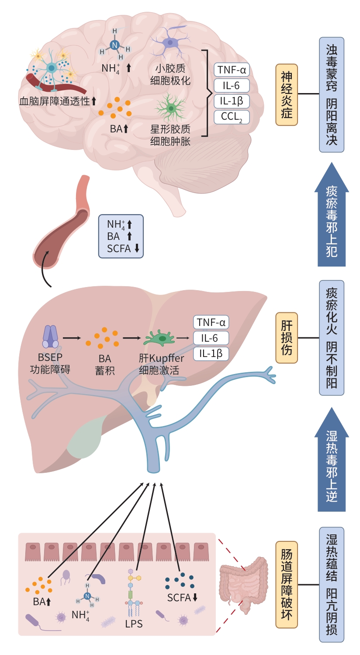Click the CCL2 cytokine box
click(x=232, y=117)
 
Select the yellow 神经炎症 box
click(x=287, y=95)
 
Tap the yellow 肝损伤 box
click(x=287, y=338)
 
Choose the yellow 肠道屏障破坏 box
click(x=287, y=584)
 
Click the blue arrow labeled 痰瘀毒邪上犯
click(x=332, y=216)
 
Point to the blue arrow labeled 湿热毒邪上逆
click(x=332, y=461)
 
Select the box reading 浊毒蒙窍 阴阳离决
click(x=332, y=94)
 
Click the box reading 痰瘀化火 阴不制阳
click(x=332, y=338)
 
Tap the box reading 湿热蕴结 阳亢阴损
click(x=332, y=584)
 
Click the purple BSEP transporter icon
click(x=50, y=337)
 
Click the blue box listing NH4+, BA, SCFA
click(x=121, y=236)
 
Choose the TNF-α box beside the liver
click(x=211, y=322)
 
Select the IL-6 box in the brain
click(x=232, y=86)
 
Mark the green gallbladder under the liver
click(x=85, y=437)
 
